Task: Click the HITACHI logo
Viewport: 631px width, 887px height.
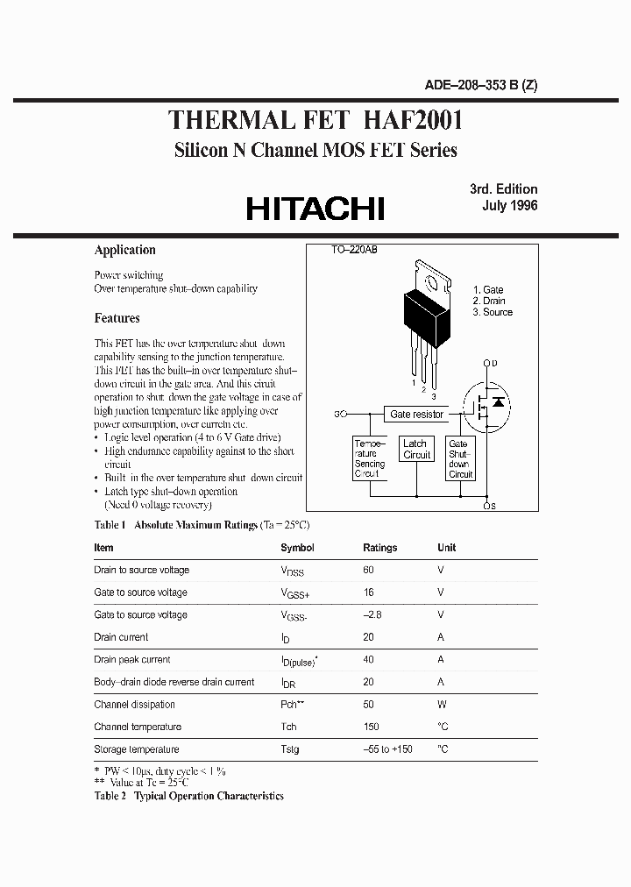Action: (x=315, y=208)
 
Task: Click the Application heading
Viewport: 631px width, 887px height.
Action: (x=124, y=250)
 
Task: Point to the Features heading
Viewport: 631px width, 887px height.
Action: (x=117, y=318)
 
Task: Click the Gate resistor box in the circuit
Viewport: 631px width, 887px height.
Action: (x=417, y=414)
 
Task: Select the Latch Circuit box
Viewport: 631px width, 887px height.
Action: (x=416, y=450)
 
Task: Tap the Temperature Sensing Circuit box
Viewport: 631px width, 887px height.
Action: (x=369, y=458)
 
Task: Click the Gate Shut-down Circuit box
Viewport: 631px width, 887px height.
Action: (x=460, y=458)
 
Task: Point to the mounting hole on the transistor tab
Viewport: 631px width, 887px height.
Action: (x=430, y=281)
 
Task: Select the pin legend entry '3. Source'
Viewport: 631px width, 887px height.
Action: (x=492, y=312)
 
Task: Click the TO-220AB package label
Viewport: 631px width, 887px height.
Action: (x=354, y=251)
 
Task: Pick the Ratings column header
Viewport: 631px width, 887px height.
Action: (x=379, y=548)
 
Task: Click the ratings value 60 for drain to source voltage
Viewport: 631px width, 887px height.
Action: (x=369, y=570)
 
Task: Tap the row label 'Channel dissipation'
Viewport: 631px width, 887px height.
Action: (x=134, y=705)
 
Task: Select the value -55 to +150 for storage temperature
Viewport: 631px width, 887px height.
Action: (x=387, y=749)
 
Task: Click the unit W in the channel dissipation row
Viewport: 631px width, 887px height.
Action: (x=442, y=705)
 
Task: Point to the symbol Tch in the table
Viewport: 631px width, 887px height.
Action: (x=288, y=727)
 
